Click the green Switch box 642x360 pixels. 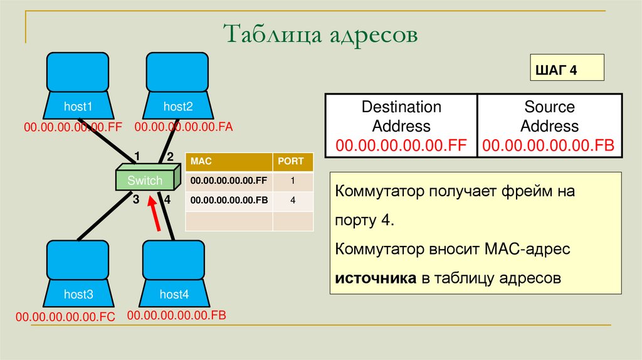(145, 181)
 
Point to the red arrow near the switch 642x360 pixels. (154, 213)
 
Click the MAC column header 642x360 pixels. (229, 161)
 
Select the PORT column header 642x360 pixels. (292, 161)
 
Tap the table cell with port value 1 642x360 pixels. (292, 181)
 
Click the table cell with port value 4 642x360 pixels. (292, 201)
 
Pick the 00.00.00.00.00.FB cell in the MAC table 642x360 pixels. (229, 201)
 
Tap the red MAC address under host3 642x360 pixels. (66, 317)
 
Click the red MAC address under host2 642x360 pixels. (183, 127)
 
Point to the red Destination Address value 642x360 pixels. (401, 146)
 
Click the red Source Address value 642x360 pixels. (549, 146)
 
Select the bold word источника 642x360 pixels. (376, 278)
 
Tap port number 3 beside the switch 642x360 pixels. (135, 200)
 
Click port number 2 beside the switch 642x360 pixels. (169, 157)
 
